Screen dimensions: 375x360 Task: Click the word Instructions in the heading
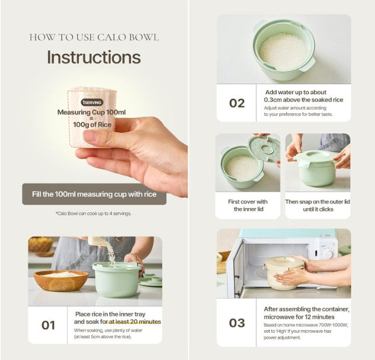click(x=94, y=58)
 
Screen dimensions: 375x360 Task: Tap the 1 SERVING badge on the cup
click(x=92, y=103)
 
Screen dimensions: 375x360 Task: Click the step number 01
click(x=48, y=325)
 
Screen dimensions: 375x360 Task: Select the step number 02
click(x=237, y=103)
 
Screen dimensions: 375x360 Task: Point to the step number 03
click(x=237, y=323)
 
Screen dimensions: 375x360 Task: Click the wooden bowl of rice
click(x=61, y=281)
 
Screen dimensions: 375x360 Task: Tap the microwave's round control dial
click(x=329, y=254)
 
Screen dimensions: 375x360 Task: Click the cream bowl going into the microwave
click(x=284, y=273)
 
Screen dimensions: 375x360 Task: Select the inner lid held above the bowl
click(x=264, y=149)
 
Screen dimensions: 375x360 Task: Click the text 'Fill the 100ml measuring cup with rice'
click(x=94, y=194)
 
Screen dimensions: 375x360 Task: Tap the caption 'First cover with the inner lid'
click(x=248, y=205)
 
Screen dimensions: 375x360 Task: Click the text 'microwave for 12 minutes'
click(x=299, y=317)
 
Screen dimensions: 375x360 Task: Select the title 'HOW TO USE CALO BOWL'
click(x=94, y=37)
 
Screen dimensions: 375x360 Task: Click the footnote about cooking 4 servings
click(x=94, y=214)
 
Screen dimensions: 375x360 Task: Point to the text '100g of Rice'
click(x=92, y=125)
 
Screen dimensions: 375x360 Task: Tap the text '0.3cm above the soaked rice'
click(x=303, y=100)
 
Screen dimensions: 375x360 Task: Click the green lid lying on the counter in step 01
click(x=150, y=281)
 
